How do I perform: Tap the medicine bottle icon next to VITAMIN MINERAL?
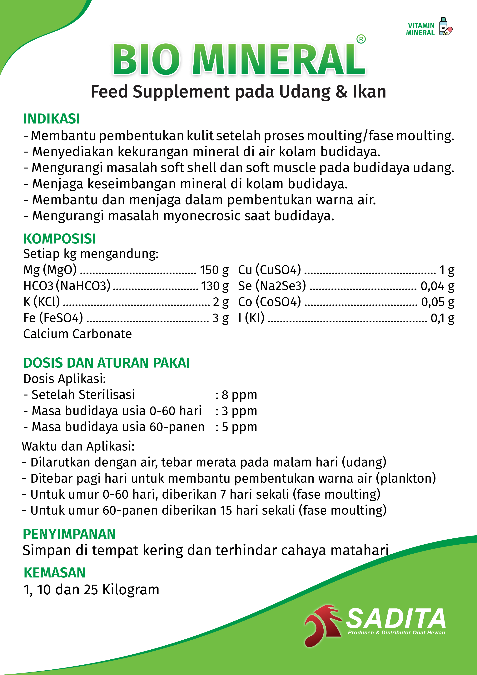(445, 27)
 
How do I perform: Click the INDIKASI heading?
(52, 119)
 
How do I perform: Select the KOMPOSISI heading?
(59, 238)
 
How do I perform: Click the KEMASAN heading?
(54, 573)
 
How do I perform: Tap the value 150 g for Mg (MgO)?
(214, 270)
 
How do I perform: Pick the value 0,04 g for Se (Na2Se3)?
(437, 286)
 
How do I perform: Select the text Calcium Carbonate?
(78, 334)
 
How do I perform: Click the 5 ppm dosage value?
(239, 427)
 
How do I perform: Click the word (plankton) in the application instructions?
(406, 478)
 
